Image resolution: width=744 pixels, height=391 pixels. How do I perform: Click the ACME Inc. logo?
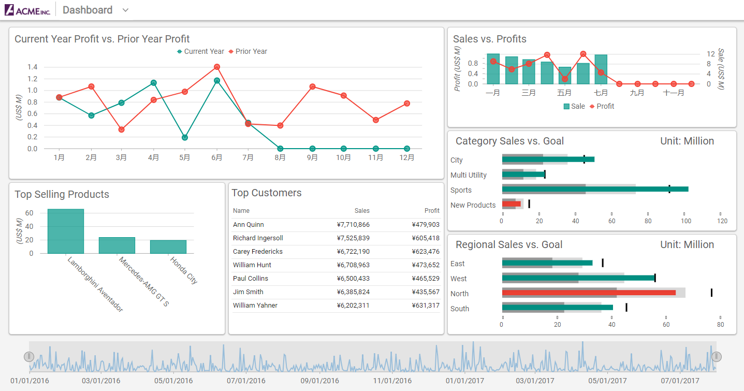coord(27,10)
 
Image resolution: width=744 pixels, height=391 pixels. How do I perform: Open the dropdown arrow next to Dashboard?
coord(125,10)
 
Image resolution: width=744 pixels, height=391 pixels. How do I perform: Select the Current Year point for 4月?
coord(153,83)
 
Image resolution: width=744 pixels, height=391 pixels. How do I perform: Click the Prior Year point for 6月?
coord(217,67)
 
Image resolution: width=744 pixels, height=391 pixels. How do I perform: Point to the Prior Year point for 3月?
coord(121,129)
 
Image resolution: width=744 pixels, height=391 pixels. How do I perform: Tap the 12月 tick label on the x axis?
coord(407,157)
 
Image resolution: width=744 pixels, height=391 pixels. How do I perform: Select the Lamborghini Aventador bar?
coord(66,231)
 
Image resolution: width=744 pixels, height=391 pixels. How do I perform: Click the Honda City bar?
coord(168,247)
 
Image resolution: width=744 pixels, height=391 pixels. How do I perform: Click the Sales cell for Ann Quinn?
coord(353,225)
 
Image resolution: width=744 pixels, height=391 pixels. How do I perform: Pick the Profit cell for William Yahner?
coord(426,306)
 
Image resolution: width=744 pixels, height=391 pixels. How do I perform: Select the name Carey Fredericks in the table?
coord(257,252)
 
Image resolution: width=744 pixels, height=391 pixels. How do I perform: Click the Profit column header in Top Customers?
coord(432,211)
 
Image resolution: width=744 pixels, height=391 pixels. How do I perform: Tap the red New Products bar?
coord(511,204)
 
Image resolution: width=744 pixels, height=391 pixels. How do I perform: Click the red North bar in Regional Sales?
coord(589,293)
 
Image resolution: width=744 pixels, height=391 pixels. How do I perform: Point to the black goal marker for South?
coord(626,308)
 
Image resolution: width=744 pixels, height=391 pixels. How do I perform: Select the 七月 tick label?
coord(601,93)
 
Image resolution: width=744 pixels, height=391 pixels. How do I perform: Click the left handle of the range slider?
coord(29,356)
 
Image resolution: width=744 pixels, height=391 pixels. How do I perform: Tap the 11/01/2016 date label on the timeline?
coord(392,381)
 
